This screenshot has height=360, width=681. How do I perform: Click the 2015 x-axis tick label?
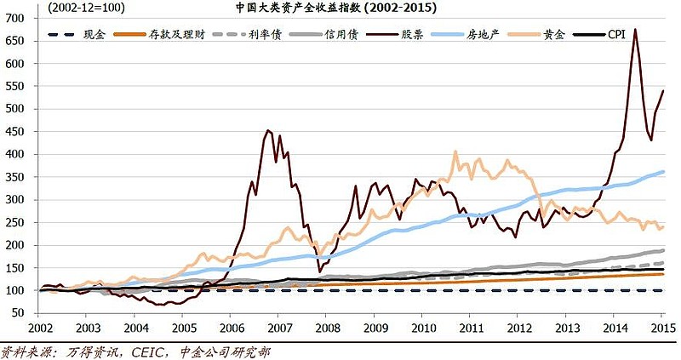[663, 329]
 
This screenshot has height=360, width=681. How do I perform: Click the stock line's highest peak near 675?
[635, 30]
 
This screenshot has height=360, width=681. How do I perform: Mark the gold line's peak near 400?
[455, 152]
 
